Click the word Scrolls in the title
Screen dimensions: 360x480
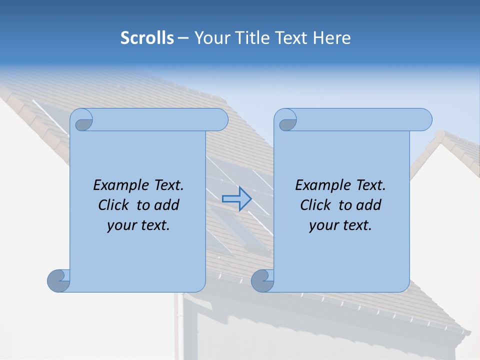click(x=147, y=38)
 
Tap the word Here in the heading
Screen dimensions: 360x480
click(x=332, y=38)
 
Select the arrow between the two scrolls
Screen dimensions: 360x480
click(x=236, y=199)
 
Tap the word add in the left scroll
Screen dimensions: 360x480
click(x=167, y=205)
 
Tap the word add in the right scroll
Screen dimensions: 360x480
click(x=369, y=205)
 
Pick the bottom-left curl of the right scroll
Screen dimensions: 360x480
click(x=262, y=280)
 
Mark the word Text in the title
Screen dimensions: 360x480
click(x=291, y=38)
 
